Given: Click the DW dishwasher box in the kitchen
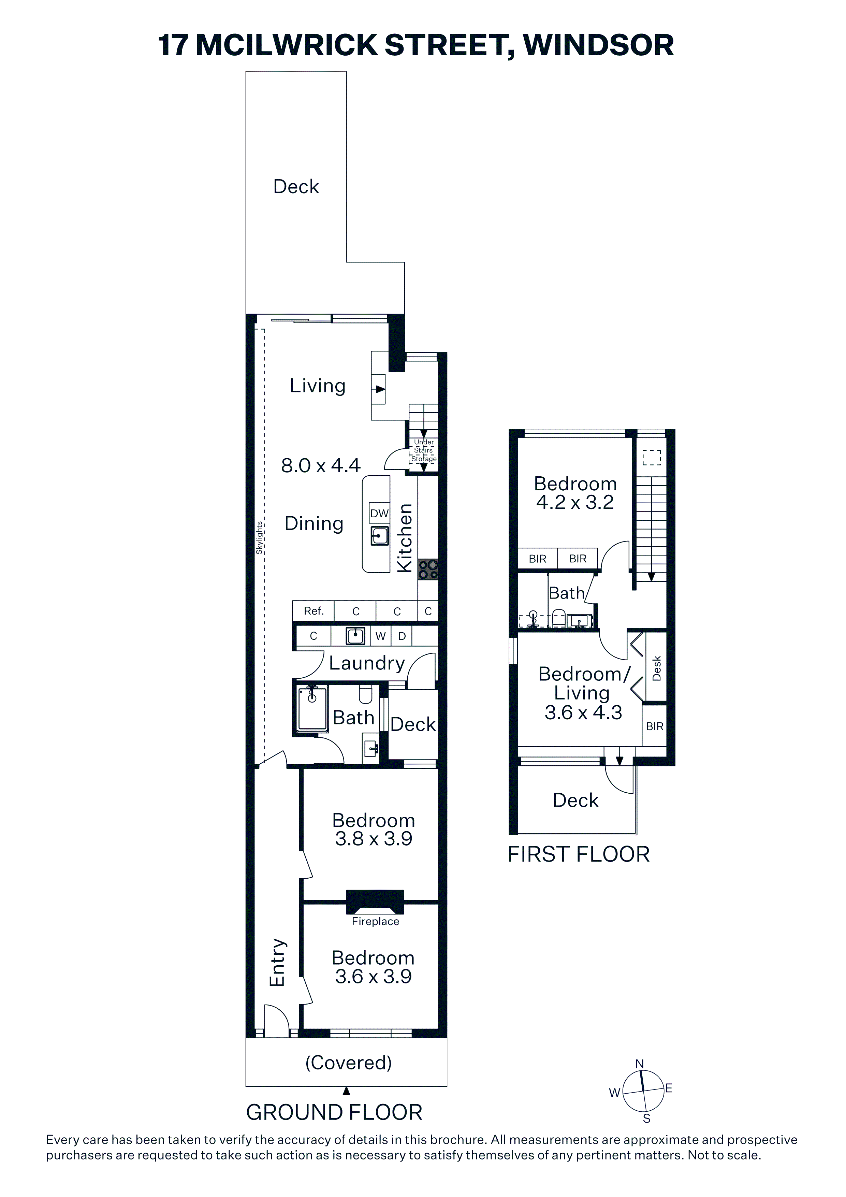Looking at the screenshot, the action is pos(379,514).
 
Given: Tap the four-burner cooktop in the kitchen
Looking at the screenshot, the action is pos(428,569).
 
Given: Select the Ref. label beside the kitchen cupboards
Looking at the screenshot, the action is pos(314,611).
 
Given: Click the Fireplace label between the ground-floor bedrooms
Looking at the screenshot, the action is pos(375,921).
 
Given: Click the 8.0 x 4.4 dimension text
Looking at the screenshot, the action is pos(321,465).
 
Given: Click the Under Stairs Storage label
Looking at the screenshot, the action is pos(424,450).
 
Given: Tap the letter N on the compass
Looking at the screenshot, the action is pos(640,1064).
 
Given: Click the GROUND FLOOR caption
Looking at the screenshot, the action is pos(334,1112).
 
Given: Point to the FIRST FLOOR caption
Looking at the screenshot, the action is pos(579,854).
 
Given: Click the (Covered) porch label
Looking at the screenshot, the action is pos(348,1063).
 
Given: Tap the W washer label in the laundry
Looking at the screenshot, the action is pos(380,636).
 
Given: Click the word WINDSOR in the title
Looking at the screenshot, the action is pos(598,45).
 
